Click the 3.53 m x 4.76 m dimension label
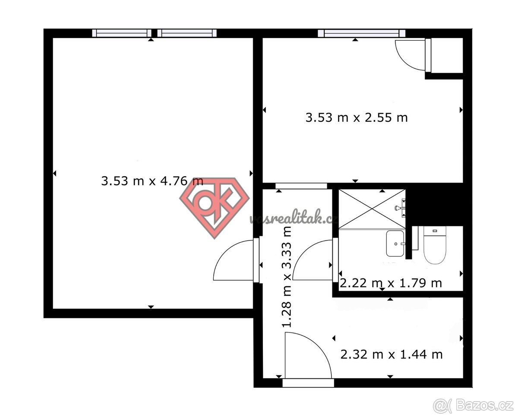152,181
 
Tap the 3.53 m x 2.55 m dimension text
357,118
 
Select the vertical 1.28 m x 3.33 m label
287,277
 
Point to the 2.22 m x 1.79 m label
391,283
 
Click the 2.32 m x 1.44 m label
392,355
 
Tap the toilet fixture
435,245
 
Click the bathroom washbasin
395,244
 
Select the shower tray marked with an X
372,209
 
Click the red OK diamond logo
215,208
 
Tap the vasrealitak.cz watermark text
294,217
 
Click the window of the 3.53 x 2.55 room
361,33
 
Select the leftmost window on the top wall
122,33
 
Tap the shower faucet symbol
401,208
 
